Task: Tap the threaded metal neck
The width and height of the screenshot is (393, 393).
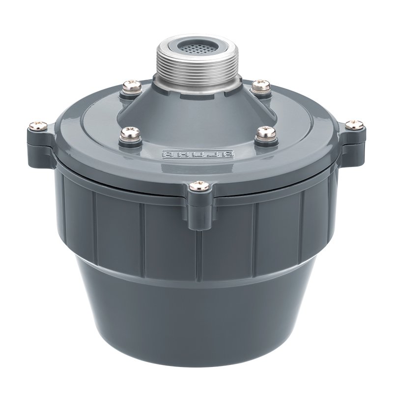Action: pyautogui.click(x=196, y=66)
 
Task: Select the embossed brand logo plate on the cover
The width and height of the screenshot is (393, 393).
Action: pyautogui.click(x=198, y=154)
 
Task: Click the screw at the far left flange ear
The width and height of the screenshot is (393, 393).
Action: pyautogui.click(x=38, y=125)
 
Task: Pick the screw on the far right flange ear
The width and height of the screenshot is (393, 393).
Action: pyautogui.click(x=354, y=125)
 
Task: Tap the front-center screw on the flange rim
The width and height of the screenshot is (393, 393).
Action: pyautogui.click(x=199, y=186)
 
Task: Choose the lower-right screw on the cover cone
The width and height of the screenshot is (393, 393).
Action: pyautogui.click(x=265, y=132)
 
